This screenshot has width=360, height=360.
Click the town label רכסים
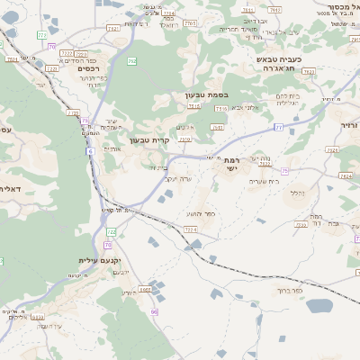(87, 67)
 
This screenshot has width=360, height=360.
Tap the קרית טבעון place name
(149, 139)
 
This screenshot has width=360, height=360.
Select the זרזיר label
(348, 124)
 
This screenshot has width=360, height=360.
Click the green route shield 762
(132, 61)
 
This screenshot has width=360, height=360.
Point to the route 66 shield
(155, 311)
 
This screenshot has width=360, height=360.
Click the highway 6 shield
(90, 152)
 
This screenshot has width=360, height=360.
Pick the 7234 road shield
(191, 230)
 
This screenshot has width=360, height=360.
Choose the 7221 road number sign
(51, 67)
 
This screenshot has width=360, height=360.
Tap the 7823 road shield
(308, 70)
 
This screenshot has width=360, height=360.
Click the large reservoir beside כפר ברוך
(319, 305)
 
